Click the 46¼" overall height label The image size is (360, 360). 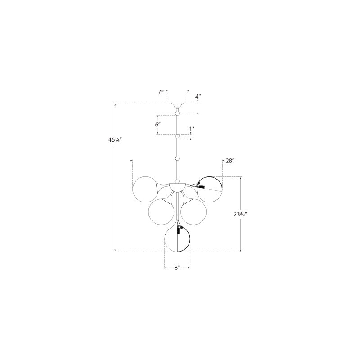pyautogui.click(x=114, y=140)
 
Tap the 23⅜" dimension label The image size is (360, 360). pyautogui.click(x=240, y=214)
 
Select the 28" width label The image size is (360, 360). pyautogui.click(x=230, y=161)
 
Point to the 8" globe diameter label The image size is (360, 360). pyautogui.click(x=176, y=268)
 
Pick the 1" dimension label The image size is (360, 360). pyautogui.click(x=192, y=129)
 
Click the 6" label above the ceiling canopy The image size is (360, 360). pyautogui.click(x=162, y=92)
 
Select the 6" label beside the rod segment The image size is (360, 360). pyautogui.click(x=158, y=125)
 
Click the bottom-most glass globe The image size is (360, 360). pyautogui.click(x=177, y=239)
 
